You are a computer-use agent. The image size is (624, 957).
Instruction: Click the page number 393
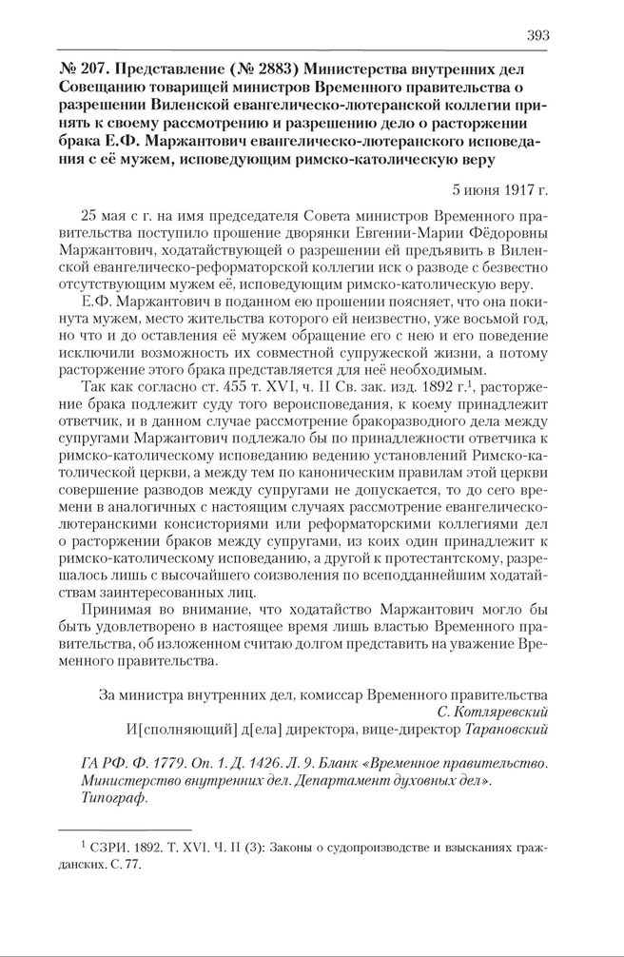tap(536, 35)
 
